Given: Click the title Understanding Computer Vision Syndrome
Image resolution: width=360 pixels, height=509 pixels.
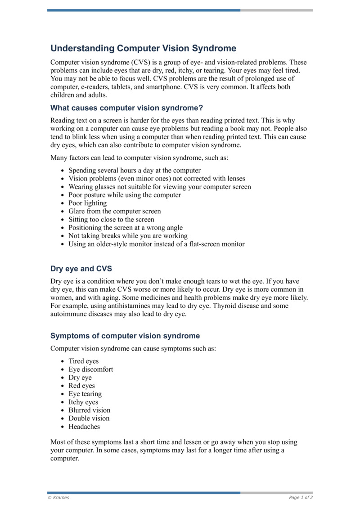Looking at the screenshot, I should [143, 49].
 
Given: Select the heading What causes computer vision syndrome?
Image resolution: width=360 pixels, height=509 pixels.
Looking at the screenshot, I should [126, 108].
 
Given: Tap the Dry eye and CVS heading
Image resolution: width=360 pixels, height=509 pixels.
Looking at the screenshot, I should [81, 269].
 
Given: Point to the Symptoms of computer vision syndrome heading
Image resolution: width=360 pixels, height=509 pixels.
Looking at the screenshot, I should [125, 336].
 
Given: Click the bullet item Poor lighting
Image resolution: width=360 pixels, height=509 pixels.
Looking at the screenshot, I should [87, 203].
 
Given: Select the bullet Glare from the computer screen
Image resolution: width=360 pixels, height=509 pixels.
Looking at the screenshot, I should [114, 212].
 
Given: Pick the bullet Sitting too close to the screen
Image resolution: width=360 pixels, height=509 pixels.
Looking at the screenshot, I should [111, 220].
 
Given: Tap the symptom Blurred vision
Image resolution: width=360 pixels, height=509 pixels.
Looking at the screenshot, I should [89, 410].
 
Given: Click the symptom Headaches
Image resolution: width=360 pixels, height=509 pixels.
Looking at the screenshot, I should [84, 427].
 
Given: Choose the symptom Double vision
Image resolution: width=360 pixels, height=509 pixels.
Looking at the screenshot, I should [89, 419].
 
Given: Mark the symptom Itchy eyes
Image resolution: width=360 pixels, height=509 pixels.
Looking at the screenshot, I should [83, 402].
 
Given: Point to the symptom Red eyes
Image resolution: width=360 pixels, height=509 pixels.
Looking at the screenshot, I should [81, 386].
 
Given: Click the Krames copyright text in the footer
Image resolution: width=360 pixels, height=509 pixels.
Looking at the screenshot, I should [58, 498].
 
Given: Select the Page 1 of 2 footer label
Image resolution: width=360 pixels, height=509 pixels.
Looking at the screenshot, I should [301, 498].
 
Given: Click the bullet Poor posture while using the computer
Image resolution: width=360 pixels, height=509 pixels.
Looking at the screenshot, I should [125, 195].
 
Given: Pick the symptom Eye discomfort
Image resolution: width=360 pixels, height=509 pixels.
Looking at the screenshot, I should [90, 369].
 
